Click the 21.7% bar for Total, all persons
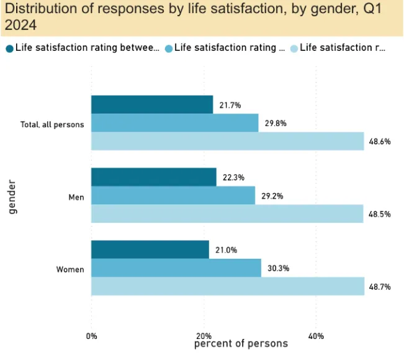click(152, 104)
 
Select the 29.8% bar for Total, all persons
click(174, 123)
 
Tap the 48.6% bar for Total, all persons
click(227, 141)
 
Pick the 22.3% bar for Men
click(154, 177)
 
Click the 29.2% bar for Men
click(173, 196)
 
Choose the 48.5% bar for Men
click(227, 214)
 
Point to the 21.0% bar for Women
click(150, 250)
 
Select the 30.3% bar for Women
click(176, 268)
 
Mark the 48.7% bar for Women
click(228, 286)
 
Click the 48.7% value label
click(379, 287)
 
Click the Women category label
click(70, 270)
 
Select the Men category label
click(76, 197)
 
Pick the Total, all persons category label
click(52, 125)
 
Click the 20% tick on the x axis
click(204, 336)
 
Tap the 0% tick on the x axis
click(91, 336)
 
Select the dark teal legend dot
click(9, 48)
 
